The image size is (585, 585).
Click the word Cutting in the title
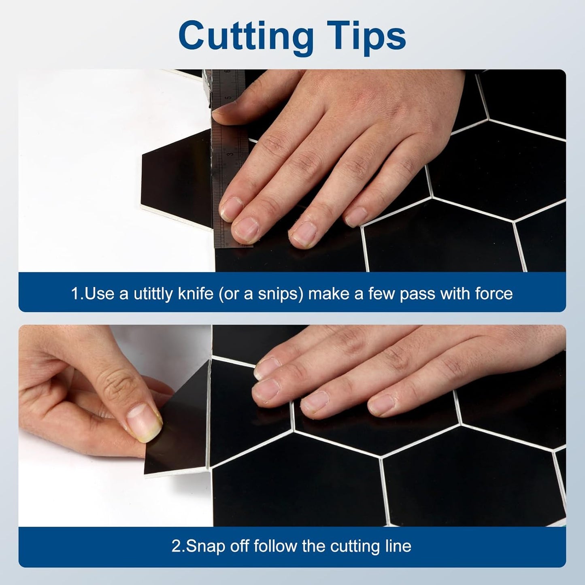[246, 38]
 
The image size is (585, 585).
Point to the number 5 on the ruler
[228, 98]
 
